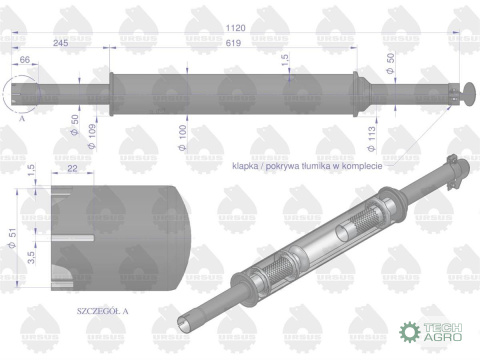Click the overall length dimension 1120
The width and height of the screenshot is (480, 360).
236,30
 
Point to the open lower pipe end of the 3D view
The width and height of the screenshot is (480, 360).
187,321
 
